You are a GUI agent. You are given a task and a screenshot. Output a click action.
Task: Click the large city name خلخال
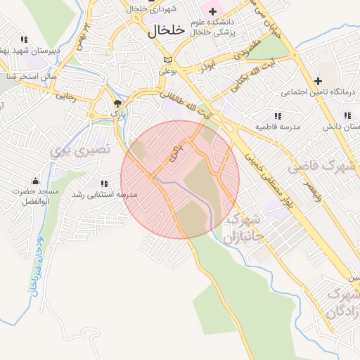166,30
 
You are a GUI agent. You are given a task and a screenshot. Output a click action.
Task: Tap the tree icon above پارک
117,103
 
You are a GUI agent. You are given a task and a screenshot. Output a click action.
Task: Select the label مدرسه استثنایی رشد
108,194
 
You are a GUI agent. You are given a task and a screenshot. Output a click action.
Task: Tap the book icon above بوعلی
167,60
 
